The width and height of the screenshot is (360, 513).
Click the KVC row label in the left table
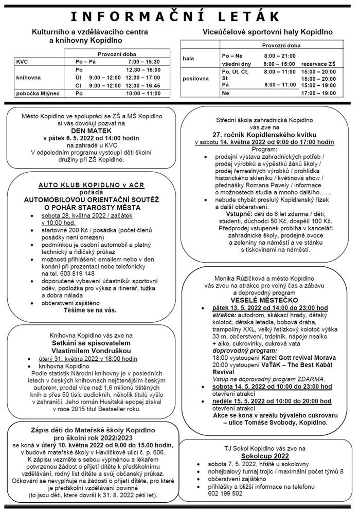pos(23,61)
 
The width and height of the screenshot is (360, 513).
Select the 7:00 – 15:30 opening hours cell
pos(143,61)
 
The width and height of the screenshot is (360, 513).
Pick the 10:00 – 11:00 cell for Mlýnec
pos(143,94)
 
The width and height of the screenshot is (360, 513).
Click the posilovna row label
pos(196,79)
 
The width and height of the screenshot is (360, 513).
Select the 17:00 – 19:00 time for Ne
pos(318,94)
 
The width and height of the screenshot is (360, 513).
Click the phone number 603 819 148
pos(76,273)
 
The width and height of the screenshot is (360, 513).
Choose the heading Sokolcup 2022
pos(266,455)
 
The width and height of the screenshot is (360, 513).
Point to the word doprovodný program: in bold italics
pos(240,350)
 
